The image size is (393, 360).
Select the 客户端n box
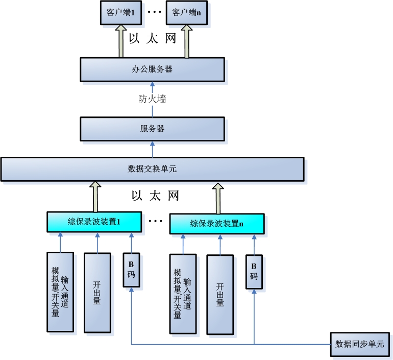[186, 12]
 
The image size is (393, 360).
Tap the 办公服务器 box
[152, 69]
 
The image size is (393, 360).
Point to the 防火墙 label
[152, 99]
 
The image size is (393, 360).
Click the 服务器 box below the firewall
[152, 129]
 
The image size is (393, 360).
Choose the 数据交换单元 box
[152, 169]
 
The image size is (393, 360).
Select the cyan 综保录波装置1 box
[93, 222]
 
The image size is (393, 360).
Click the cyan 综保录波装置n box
[216, 223]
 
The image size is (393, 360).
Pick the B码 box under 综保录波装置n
[254, 272]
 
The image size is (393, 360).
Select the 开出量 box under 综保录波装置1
[97, 293]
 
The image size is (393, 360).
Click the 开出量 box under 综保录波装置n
[220, 295]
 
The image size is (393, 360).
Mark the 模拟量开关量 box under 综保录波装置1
[60, 292]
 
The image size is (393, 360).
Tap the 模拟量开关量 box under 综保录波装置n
[183, 294]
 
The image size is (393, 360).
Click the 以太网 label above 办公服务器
[152, 39]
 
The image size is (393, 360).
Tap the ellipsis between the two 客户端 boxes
[154, 12]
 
